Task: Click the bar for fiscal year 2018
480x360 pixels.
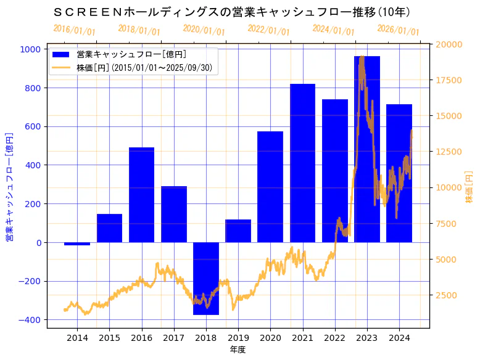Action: click(206, 278)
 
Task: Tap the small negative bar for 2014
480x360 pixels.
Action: click(77, 243)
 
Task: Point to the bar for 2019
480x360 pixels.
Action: click(238, 231)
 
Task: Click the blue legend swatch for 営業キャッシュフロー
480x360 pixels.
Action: click(61, 54)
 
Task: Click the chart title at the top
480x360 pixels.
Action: click(232, 12)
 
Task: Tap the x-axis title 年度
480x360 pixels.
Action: click(238, 350)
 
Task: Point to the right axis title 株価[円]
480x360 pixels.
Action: click(469, 187)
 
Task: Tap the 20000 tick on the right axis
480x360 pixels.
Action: click(449, 44)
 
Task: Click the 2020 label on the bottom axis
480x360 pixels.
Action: click(270, 337)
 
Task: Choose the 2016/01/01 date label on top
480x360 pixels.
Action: click(74, 30)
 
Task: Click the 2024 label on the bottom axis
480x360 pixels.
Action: click(399, 337)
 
